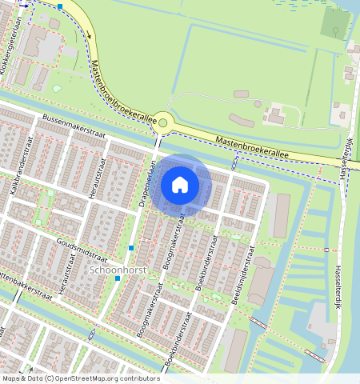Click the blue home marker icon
(180, 185)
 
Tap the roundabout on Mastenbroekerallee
(164, 122)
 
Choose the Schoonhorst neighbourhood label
(118, 271)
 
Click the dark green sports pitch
(336, 22)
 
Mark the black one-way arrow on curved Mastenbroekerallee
(23, 5)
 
